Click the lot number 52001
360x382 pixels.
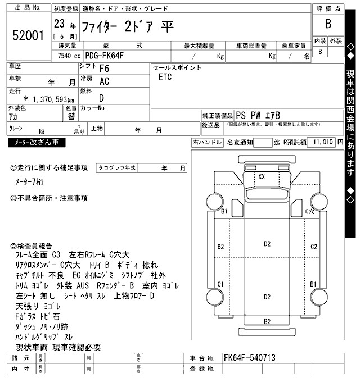click(x=28, y=35)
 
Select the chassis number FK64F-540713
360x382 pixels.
click(x=250, y=358)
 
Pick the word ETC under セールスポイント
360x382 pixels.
click(x=165, y=77)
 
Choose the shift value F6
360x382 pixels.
click(x=104, y=69)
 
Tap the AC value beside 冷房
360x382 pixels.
click(x=104, y=81)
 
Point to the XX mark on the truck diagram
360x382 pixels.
click(x=262, y=176)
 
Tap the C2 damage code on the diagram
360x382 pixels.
click(x=314, y=247)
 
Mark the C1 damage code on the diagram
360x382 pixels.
click(x=221, y=284)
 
